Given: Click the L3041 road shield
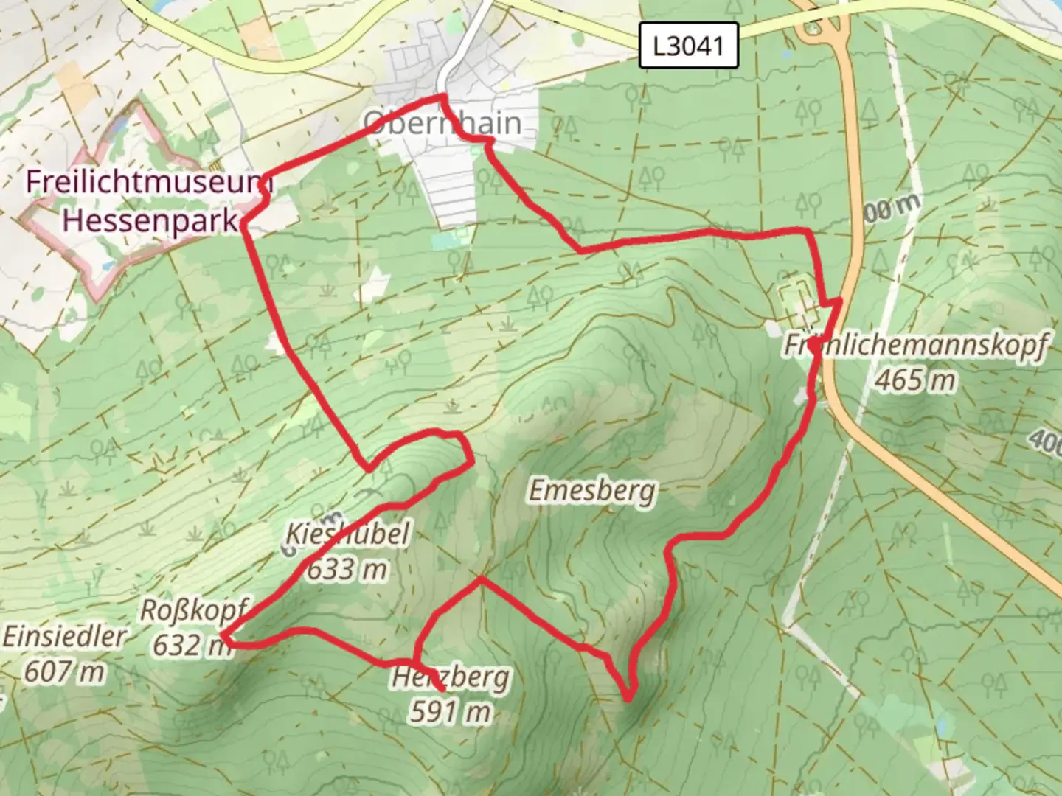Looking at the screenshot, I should click(x=688, y=46).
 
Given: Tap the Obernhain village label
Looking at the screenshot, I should click(x=442, y=123).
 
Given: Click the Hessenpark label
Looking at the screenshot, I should click(x=151, y=219).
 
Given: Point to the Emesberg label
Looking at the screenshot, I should click(x=591, y=490).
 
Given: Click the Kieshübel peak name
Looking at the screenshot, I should click(x=347, y=534).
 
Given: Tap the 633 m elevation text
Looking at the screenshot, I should click(x=347, y=569).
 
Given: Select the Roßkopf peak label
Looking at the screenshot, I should click(x=193, y=610).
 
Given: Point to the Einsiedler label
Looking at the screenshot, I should click(x=65, y=637).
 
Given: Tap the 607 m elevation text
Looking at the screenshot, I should click(x=65, y=671).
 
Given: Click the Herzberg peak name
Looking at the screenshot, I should click(x=450, y=677).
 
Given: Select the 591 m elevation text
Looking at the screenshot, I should click(x=450, y=712).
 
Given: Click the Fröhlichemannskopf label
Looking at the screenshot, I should click(x=914, y=345).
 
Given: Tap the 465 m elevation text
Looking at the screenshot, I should click(x=915, y=380).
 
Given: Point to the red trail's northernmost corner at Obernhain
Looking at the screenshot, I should click(x=442, y=97).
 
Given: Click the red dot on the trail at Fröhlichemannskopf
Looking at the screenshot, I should click(x=813, y=343).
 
